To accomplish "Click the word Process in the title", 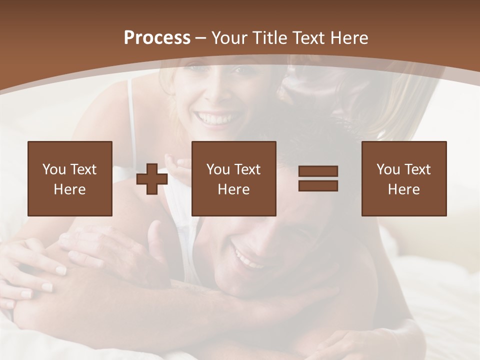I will pyautogui.click(x=157, y=38).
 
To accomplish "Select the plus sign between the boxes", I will pyautogui.click(x=152, y=179).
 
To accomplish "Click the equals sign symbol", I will pyautogui.click(x=318, y=178).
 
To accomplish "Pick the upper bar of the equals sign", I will pyautogui.click(x=318, y=171).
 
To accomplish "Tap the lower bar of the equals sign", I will pyautogui.click(x=318, y=185).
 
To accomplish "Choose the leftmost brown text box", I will pyautogui.click(x=70, y=178).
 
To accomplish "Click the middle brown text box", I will pyautogui.click(x=234, y=178).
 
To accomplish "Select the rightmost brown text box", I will pyautogui.click(x=404, y=178).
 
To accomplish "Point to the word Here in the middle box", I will pyautogui.click(x=234, y=189).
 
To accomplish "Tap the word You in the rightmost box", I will pyautogui.click(x=388, y=169).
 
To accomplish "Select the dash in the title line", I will pyautogui.click(x=201, y=38).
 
